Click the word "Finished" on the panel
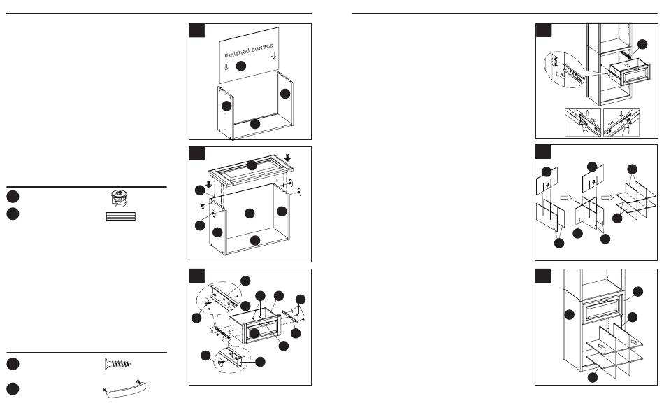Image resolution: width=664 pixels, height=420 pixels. point(237,52)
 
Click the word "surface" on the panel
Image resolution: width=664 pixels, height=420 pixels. point(263,47)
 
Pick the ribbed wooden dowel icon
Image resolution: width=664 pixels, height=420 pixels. point(120,216)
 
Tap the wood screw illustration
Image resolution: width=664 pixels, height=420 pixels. point(118,364)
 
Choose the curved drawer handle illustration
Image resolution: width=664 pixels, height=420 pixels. point(125,389)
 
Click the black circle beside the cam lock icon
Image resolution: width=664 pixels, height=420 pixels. point(13,197)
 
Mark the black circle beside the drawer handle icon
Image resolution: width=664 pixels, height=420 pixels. point(13,389)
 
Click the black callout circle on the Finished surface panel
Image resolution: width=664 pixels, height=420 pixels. point(241,66)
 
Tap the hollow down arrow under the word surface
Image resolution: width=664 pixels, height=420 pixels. point(273,55)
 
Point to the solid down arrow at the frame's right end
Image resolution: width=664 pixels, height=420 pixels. point(287,157)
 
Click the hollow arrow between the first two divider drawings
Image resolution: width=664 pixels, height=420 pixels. point(566,197)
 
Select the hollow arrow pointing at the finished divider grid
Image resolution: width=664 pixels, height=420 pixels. point(607,197)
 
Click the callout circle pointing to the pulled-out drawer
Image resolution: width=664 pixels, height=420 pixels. point(642,44)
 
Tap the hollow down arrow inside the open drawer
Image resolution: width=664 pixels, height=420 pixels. point(627,66)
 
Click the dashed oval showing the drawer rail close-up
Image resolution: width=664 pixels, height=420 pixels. point(563,70)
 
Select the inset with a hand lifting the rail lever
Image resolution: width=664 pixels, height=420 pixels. point(583,122)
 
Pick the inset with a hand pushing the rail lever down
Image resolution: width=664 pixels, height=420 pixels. point(621,122)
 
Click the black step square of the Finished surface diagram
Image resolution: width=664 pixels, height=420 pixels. point(197,31)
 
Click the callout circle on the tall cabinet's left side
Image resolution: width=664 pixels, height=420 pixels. point(570,315)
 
